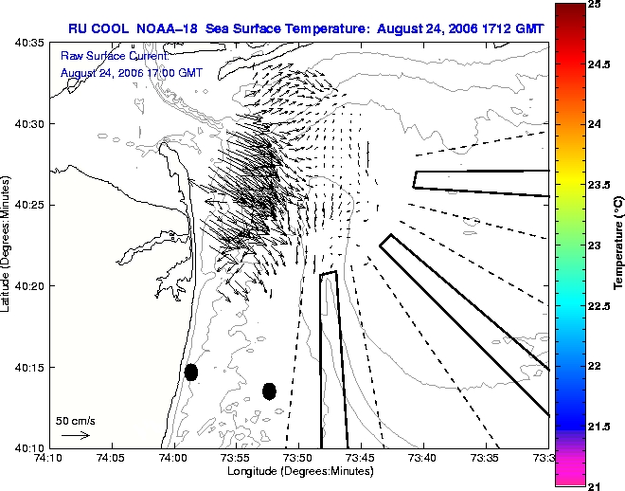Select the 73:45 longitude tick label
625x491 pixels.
click(361, 458)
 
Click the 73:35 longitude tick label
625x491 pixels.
click(486, 458)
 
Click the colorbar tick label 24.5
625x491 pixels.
click(599, 64)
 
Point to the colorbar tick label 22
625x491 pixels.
click(594, 366)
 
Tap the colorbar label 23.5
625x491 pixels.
click(599, 185)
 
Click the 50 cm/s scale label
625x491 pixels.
click(76, 421)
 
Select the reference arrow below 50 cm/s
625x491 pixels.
click(76, 435)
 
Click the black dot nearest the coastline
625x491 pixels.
click(191, 373)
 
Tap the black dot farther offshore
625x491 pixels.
click(270, 391)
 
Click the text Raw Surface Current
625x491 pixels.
click(115, 56)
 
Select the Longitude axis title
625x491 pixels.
click(300, 471)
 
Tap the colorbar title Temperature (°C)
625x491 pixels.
click(618, 243)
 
